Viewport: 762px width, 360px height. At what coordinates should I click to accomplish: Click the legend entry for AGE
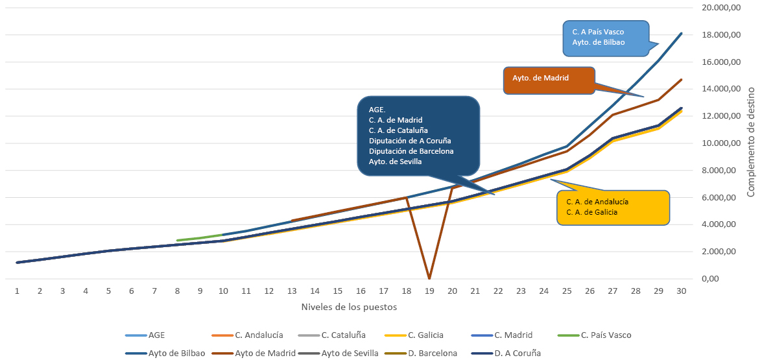coord(156,335)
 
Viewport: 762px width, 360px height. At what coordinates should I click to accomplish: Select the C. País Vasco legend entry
coord(605,335)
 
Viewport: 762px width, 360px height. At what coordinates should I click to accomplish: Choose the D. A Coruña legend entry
coord(517,354)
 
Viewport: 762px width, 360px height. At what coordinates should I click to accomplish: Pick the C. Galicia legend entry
coord(425,335)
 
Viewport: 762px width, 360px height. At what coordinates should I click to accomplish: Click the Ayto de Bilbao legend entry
coord(175,354)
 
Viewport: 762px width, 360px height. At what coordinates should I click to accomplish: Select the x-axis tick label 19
coord(429,291)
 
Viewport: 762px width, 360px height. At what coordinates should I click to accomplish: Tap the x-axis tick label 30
coord(682,291)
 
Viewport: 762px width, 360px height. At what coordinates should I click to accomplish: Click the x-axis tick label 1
coord(17,291)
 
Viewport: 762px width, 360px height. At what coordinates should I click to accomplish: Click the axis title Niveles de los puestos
coord(349,306)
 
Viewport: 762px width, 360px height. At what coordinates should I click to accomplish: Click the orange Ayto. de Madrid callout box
coord(549,80)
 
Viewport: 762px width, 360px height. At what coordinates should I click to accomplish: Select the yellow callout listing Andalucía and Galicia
coord(613,208)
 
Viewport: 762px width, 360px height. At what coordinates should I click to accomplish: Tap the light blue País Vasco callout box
coord(605,36)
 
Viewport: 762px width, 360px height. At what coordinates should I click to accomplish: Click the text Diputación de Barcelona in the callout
coord(411,151)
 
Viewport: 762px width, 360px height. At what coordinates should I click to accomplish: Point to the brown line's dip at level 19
coord(429,277)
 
